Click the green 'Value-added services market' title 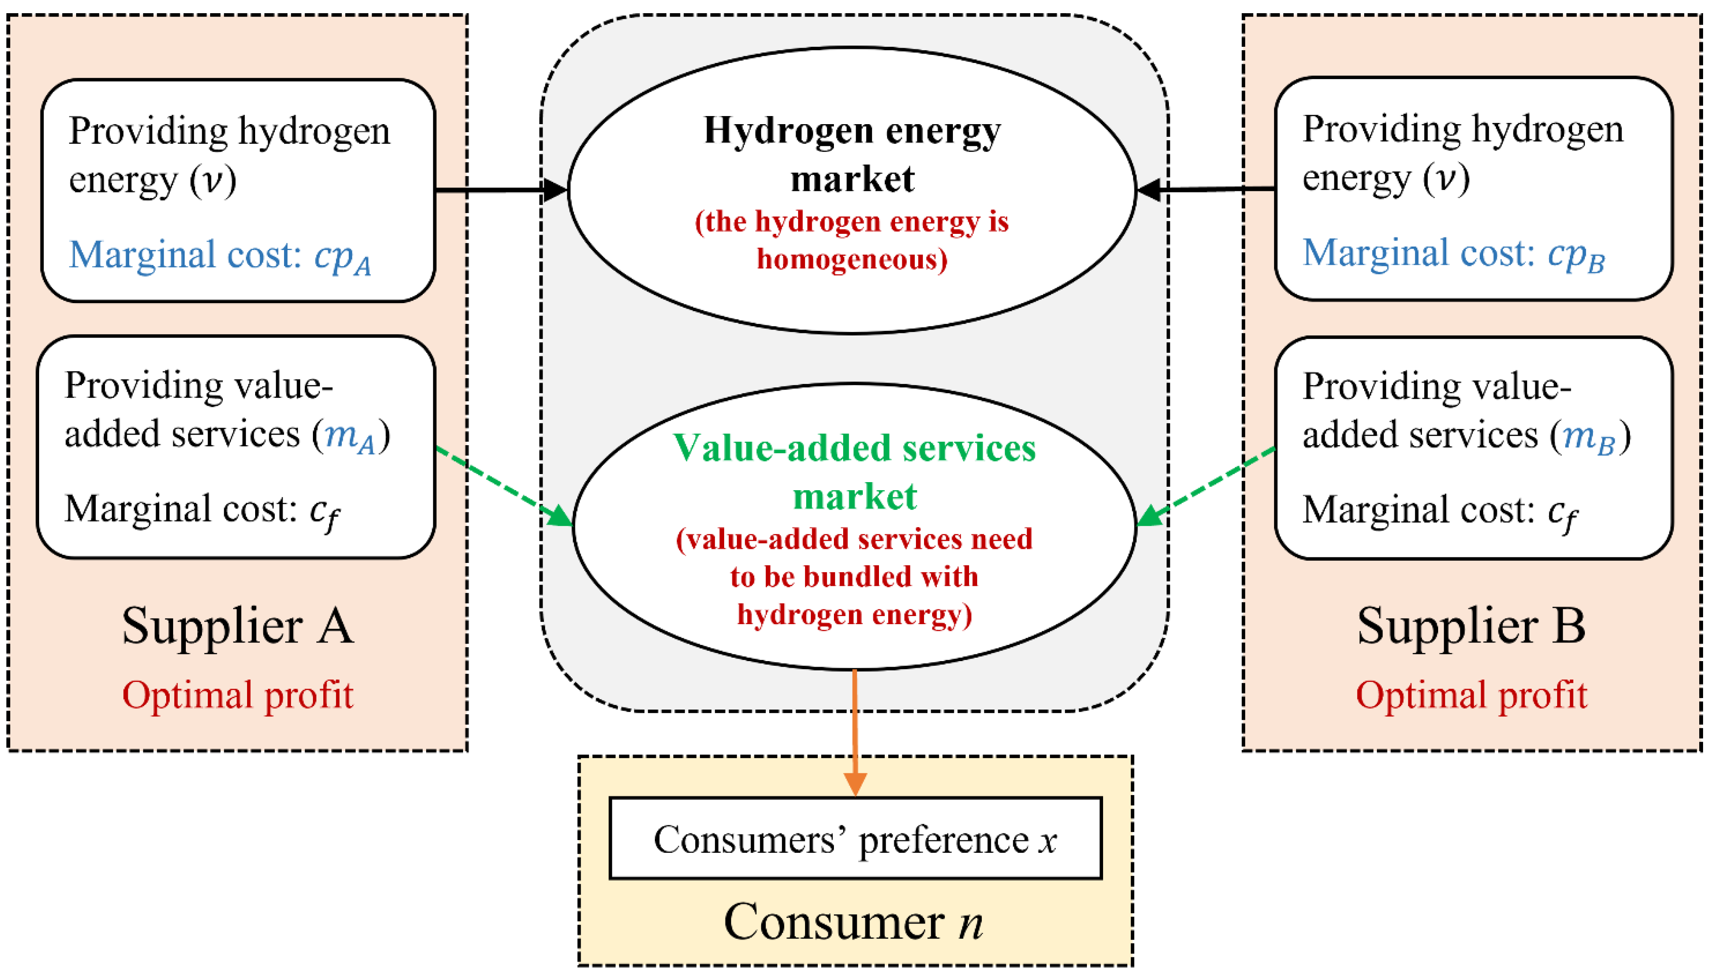tap(854, 471)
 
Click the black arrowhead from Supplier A tap(554, 190)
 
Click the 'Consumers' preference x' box tap(855, 838)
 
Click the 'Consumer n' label tap(853, 922)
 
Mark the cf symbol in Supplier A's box tap(324, 513)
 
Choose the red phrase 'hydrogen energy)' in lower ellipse tap(854, 614)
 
